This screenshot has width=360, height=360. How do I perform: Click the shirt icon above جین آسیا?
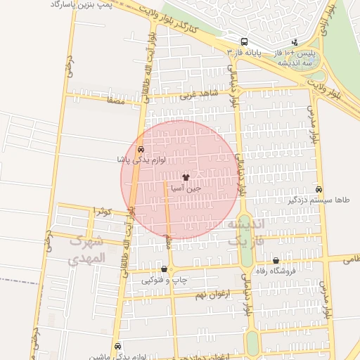(186, 178)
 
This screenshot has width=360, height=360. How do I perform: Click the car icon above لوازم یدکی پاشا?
(141, 150)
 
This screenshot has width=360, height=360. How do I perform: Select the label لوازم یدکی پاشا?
(141, 160)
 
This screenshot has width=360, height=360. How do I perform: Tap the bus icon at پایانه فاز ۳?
(244, 41)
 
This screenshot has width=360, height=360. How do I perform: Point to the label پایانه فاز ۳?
(244, 53)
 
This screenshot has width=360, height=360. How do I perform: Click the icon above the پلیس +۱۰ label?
(295, 42)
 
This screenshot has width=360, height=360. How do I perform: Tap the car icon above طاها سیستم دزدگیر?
(319, 190)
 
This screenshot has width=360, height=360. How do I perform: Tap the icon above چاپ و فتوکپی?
(165, 269)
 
